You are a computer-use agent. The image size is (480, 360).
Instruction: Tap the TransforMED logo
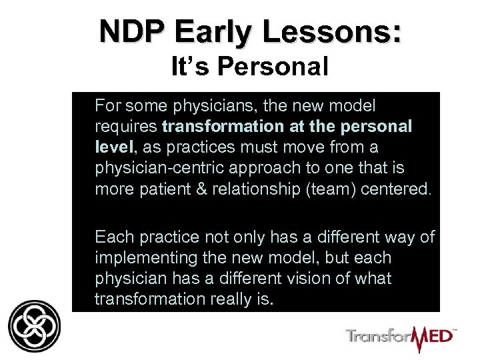click(x=401, y=334)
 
